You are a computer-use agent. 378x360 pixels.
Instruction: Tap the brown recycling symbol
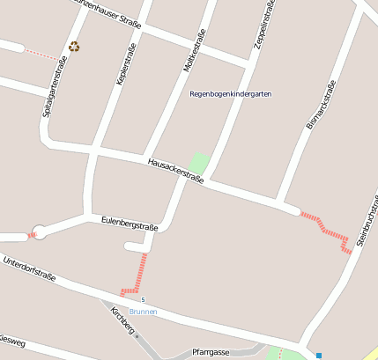coord(74,47)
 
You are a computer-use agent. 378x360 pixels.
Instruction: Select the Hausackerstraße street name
coord(176,170)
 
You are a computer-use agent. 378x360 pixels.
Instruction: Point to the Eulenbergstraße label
coord(130,224)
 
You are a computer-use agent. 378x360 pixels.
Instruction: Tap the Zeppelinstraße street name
coord(264,25)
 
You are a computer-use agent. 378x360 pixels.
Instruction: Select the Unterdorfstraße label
coord(29,269)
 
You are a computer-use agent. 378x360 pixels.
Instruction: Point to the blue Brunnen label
coord(143,312)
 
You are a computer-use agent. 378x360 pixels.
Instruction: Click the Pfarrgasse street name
coord(211,352)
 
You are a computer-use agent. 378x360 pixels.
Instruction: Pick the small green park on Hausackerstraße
coord(199,164)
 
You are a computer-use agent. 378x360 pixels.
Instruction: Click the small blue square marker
coord(318,356)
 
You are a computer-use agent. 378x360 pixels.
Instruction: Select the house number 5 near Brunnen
coord(142,301)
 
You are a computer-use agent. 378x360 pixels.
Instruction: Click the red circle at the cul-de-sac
coord(38,232)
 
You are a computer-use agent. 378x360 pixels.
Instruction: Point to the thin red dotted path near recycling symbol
coord(40,53)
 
